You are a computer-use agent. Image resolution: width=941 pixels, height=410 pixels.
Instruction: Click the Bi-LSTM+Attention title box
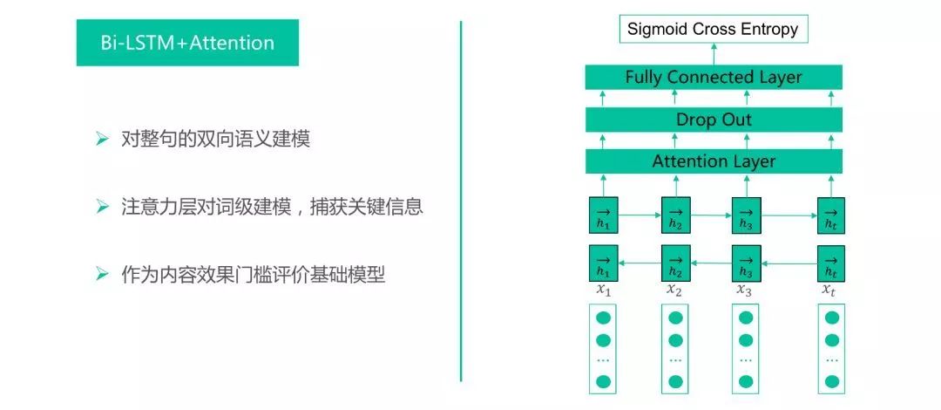pyautogui.click(x=187, y=43)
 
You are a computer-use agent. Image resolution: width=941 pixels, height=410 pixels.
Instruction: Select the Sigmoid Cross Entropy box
pyautogui.click(x=713, y=30)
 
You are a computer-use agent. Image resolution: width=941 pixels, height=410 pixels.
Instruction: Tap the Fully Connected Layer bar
pyautogui.click(x=713, y=77)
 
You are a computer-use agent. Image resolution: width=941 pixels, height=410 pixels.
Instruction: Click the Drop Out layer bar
pyautogui.click(x=713, y=120)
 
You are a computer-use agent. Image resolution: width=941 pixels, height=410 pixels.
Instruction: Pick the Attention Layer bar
pyautogui.click(x=713, y=161)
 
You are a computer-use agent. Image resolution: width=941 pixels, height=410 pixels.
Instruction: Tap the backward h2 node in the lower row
pyautogui.click(x=674, y=262)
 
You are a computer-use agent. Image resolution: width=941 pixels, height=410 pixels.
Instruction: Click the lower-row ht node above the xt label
pyautogui.click(x=831, y=262)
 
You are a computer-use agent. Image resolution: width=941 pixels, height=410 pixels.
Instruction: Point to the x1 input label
pyautogui.click(x=602, y=290)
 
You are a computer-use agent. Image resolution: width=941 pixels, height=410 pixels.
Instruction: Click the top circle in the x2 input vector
pyautogui.click(x=674, y=318)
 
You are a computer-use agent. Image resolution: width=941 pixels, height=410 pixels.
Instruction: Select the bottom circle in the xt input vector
pyautogui.click(x=831, y=381)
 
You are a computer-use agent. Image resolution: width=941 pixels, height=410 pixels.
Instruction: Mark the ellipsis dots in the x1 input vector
pyautogui.click(x=603, y=360)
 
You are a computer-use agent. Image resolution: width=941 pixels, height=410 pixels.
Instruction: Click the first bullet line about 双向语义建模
pyautogui.click(x=214, y=140)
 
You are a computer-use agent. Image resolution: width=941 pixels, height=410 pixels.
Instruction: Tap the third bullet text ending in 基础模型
pyautogui.click(x=253, y=275)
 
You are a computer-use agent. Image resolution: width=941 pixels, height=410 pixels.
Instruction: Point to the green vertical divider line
pyautogui.click(x=460, y=201)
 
